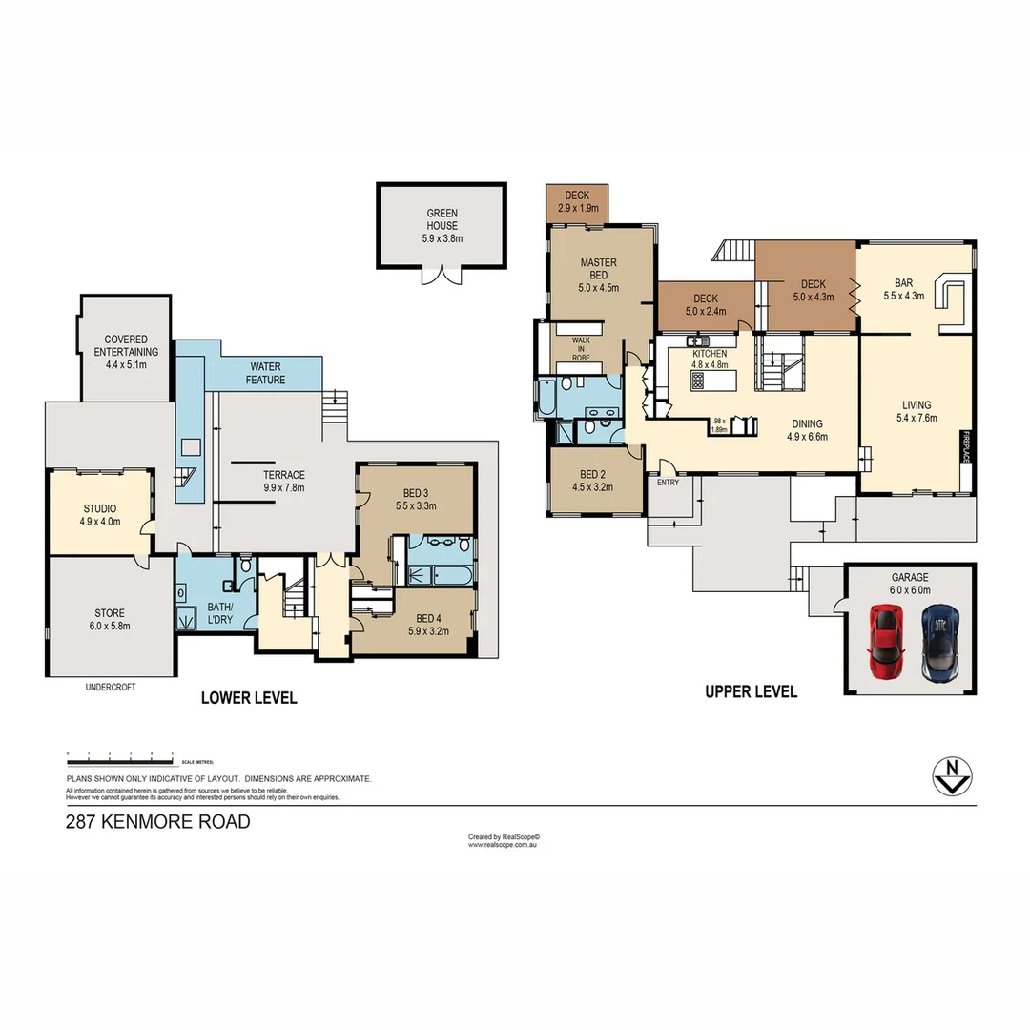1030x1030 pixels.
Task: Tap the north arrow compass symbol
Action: [x=951, y=776]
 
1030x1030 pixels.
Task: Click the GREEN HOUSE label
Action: [x=443, y=219]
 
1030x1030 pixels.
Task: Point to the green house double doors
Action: [x=443, y=274]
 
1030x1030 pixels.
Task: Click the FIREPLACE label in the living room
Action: [x=965, y=445]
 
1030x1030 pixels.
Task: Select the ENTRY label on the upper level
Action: [x=667, y=483]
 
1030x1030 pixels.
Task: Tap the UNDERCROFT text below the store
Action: [x=111, y=687]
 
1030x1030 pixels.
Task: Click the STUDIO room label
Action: [x=99, y=509]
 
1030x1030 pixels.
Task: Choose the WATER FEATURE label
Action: [x=267, y=373]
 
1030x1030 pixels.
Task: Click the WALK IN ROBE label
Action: [x=581, y=348]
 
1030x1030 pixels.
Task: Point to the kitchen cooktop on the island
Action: [x=697, y=381]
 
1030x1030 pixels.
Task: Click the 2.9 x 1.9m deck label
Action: [x=577, y=201]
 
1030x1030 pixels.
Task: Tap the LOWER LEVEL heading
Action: [x=249, y=698]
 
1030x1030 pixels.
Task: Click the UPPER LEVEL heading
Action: [x=751, y=692]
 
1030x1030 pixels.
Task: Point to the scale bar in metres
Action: [x=119, y=757]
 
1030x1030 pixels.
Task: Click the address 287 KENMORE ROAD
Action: [x=158, y=821]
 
